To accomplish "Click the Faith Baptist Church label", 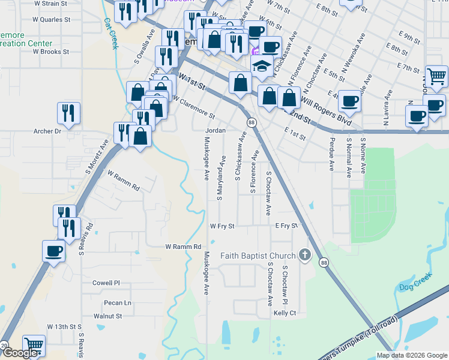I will [x=259, y=256].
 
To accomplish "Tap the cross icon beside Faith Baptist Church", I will [x=304, y=256].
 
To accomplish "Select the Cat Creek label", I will [x=112, y=32].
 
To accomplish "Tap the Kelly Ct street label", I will [x=285, y=313].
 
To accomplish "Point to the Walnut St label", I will [x=108, y=316].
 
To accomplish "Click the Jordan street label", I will [x=215, y=130].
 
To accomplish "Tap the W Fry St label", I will [x=222, y=226].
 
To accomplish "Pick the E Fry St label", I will [x=286, y=226].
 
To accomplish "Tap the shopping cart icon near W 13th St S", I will [x=34, y=346].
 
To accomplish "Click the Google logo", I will [x=20, y=353].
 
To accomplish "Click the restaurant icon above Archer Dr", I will [x=69, y=112].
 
